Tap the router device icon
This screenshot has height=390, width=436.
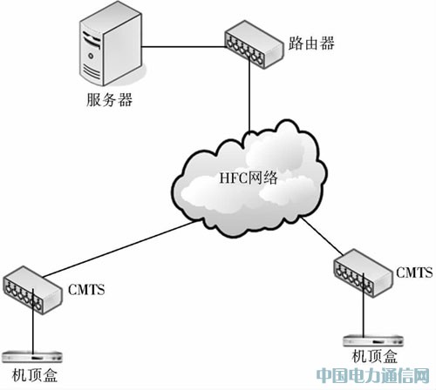[254, 44]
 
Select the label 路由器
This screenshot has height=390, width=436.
[311, 44]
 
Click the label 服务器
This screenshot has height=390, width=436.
[109, 99]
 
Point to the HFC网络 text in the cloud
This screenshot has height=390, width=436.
[249, 178]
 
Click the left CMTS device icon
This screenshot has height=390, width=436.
[32, 290]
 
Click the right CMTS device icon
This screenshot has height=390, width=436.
[363, 273]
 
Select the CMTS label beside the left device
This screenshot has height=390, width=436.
[86, 290]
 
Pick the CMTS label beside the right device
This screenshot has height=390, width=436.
[414, 272]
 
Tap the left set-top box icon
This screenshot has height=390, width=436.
[32, 357]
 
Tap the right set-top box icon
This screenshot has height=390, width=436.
[373, 341]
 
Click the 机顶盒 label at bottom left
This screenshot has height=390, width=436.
[35, 375]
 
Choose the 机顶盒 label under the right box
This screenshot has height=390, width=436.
[374, 356]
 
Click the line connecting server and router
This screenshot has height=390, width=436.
[184, 46]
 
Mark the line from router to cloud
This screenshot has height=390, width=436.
[249, 96]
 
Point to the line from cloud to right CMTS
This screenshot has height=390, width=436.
[322, 236]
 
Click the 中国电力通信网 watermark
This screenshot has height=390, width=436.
[373, 375]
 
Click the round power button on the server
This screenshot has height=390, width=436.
[91, 56]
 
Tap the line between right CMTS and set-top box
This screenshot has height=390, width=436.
[364, 305]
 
